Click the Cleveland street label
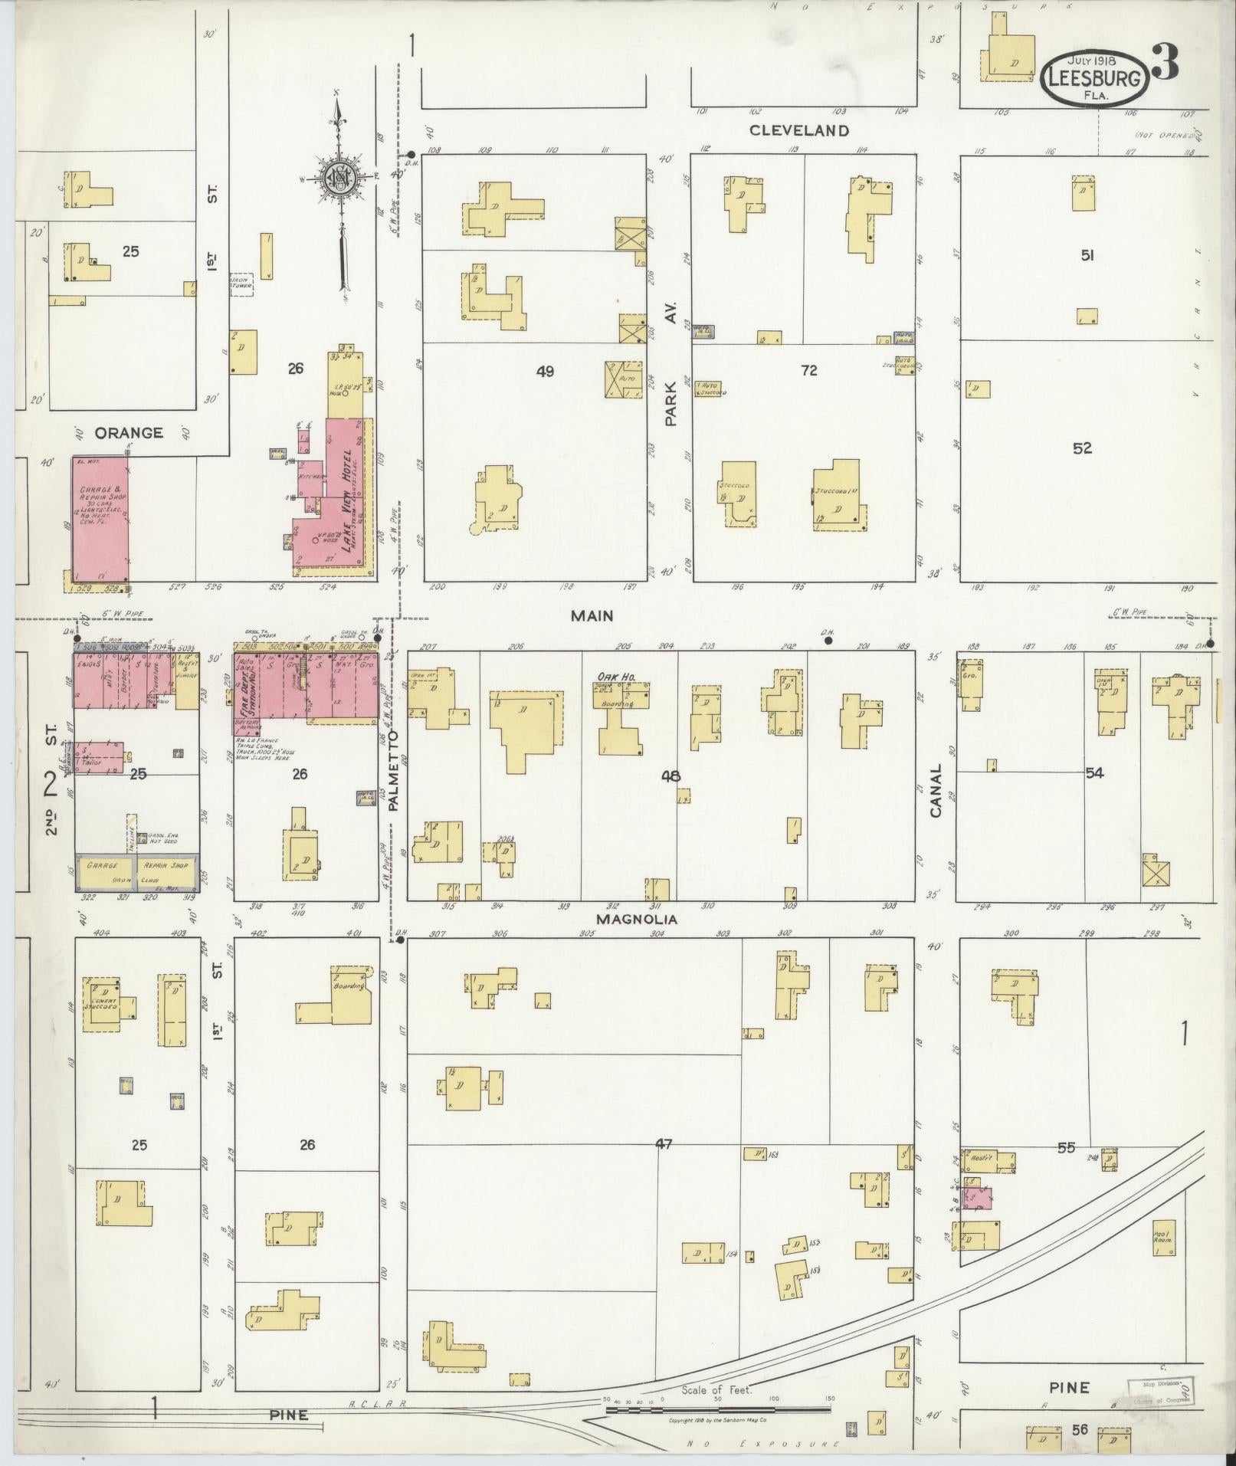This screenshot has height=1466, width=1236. [x=799, y=130]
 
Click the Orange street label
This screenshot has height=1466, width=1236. [x=129, y=432]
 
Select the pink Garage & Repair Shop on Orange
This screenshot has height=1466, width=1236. [x=100, y=521]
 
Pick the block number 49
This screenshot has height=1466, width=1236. [x=545, y=372]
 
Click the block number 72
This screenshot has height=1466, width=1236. [x=808, y=371]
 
